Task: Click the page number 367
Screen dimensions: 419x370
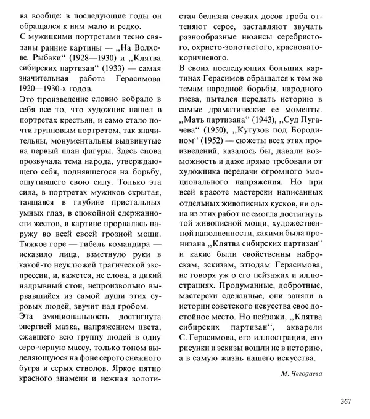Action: point(345,402)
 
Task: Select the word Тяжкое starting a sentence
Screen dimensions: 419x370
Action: point(35,245)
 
